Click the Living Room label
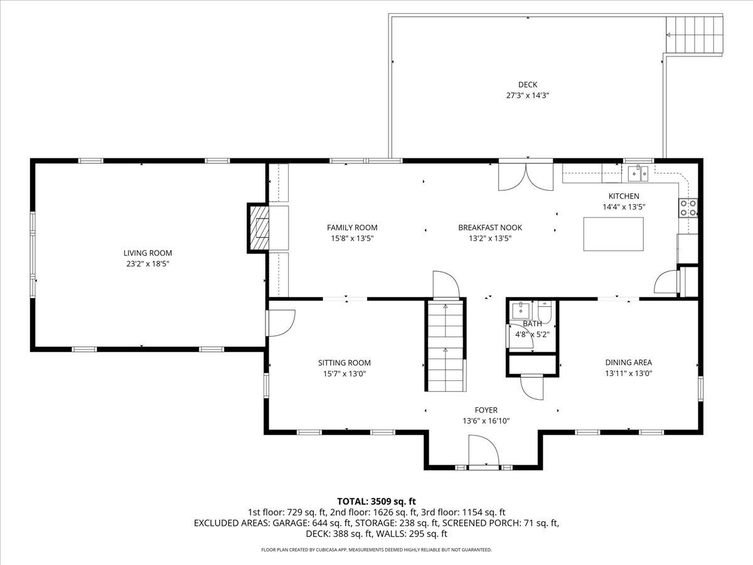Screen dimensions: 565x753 click(x=147, y=253)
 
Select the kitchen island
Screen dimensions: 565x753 click(x=613, y=234)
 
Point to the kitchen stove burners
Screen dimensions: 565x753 click(x=688, y=208)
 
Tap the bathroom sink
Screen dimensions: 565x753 click(x=520, y=310)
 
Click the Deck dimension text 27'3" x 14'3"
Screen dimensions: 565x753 click(x=528, y=95)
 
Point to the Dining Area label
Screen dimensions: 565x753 click(x=628, y=362)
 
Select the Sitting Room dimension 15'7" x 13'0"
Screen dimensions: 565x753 click(x=344, y=374)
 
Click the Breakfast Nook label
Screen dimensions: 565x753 click(x=489, y=228)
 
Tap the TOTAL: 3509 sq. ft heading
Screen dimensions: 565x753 click(x=376, y=501)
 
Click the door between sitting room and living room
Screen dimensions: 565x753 click(x=280, y=323)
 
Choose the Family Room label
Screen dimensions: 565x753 click(x=352, y=227)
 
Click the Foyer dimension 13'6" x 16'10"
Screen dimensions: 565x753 click(x=486, y=421)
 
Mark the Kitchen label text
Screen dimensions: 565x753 click(x=624, y=196)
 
